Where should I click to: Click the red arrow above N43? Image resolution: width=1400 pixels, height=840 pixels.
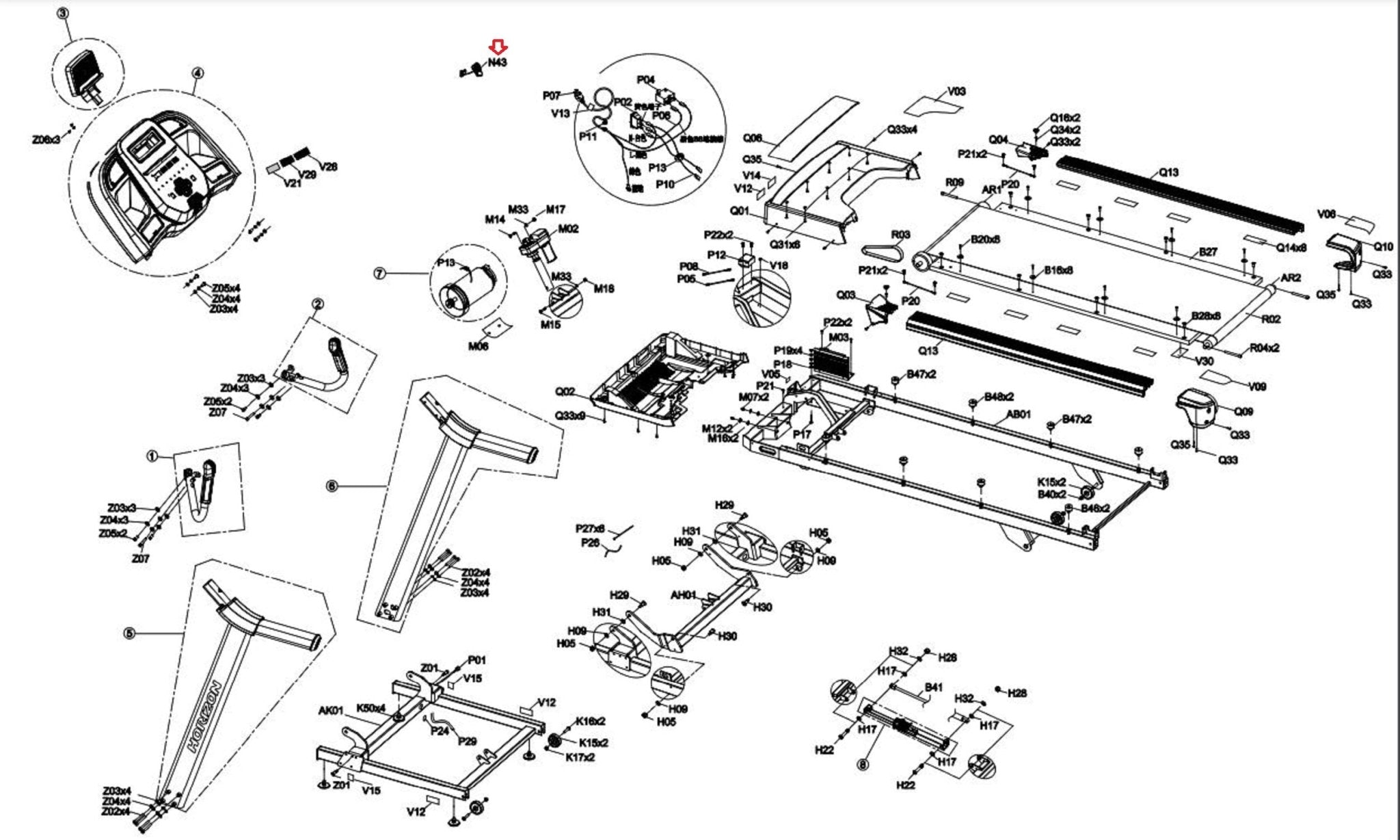click(498, 47)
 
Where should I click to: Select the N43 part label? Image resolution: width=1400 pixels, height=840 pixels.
click(497, 62)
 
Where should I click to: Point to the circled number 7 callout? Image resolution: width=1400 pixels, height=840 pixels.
click(379, 274)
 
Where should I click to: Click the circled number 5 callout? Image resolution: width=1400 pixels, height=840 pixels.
click(129, 633)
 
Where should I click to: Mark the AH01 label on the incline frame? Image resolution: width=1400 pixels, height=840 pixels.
click(684, 595)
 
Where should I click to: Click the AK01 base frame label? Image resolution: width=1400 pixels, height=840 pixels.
click(331, 711)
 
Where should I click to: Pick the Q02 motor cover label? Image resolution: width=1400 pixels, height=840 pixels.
click(565, 392)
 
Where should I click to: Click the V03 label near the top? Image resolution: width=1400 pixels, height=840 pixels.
click(956, 91)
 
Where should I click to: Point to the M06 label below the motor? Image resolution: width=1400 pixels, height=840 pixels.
click(479, 347)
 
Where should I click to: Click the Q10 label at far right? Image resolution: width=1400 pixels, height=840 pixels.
click(1384, 246)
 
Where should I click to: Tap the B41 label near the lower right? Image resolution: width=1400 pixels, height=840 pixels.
click(934, 687)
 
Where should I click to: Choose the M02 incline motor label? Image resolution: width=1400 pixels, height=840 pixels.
click(568, 228)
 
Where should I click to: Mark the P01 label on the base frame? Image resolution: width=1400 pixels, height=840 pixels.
click(476, 660)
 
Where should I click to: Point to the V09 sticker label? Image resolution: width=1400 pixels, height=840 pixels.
click(1257, 386)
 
